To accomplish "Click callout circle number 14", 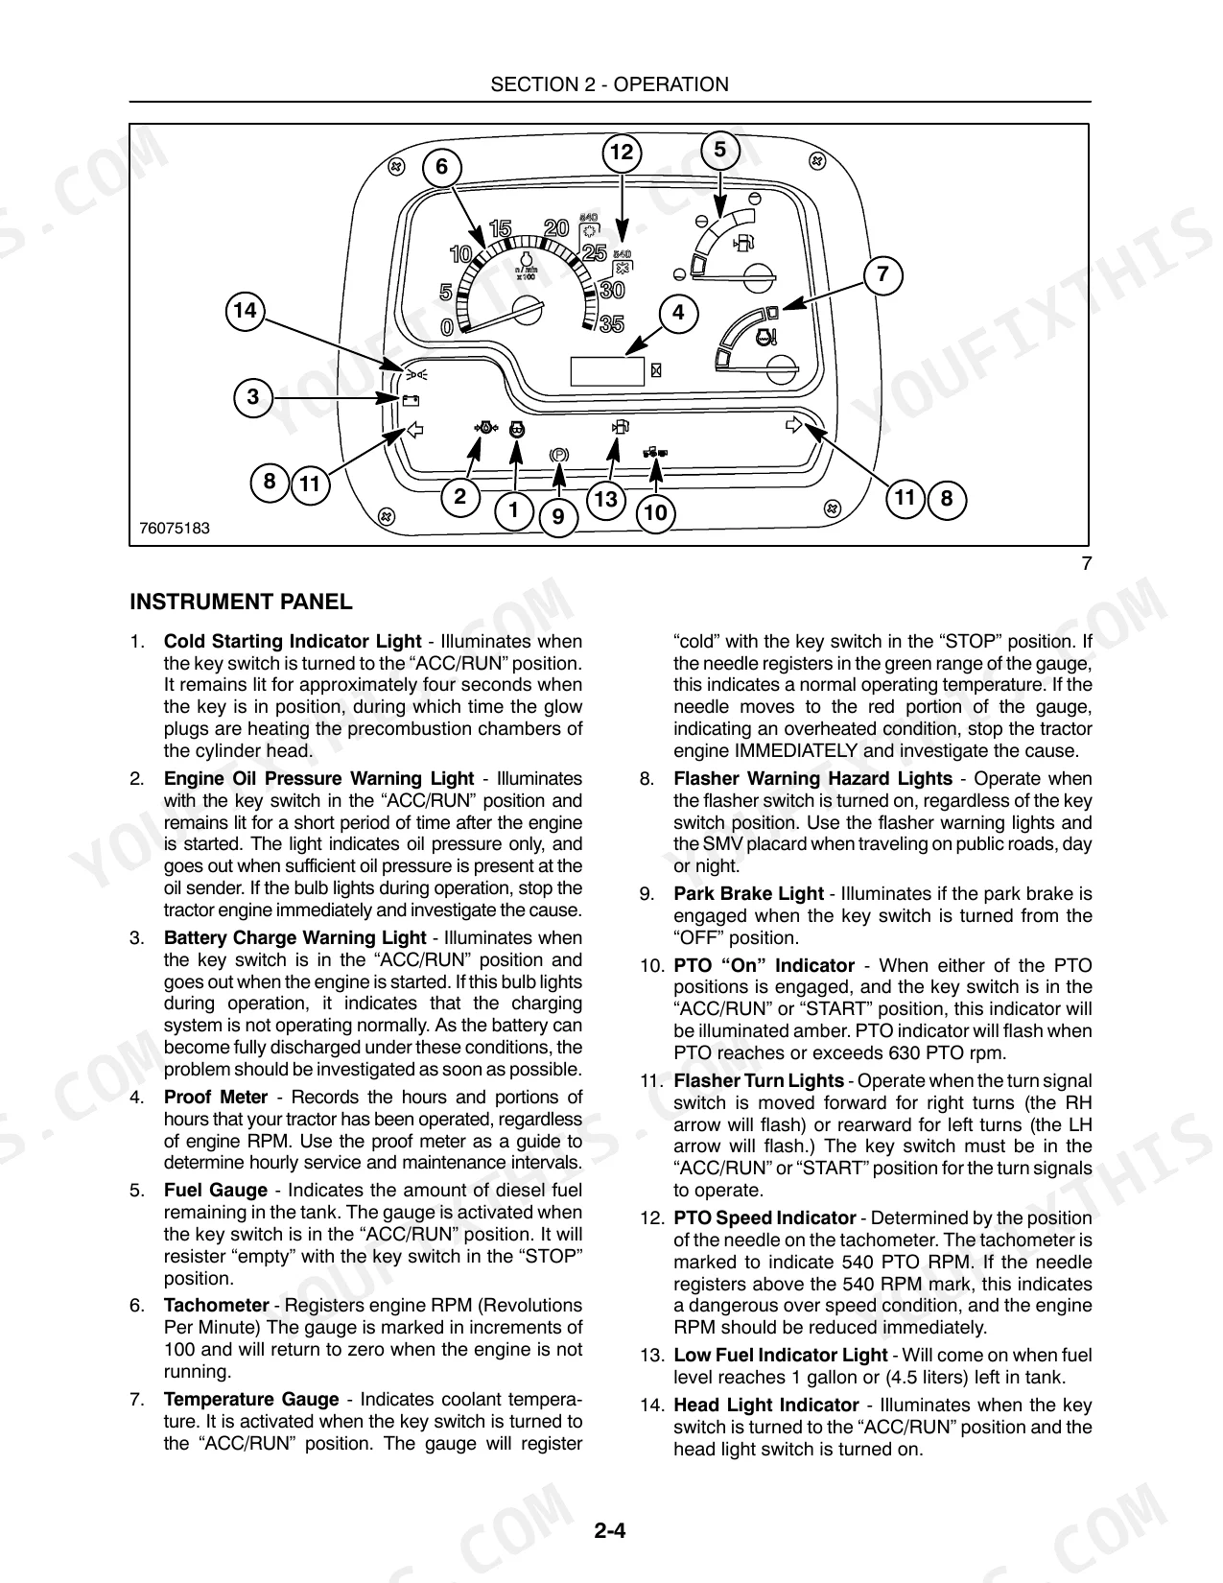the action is point(245,311).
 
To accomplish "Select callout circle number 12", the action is point(622,153).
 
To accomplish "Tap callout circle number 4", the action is point(679,314).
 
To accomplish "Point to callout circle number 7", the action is point(882,274).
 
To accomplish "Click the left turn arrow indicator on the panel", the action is point(414,430).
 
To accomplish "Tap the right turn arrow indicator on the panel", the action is point(793,425).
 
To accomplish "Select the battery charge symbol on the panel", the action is point(411,400).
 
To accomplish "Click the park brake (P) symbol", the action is point(558,456).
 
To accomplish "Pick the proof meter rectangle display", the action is point(607,370).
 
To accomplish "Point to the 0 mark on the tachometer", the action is point(447,328).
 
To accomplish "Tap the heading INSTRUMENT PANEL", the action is point(241,602).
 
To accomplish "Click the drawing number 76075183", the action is point(174,529).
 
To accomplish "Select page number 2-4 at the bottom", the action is point(610,1530).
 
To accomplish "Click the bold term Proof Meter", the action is point(216,1098).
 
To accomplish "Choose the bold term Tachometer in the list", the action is point(217,1306).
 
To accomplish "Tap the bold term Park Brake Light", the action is point(749,894).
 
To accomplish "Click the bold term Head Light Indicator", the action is point(766,1406).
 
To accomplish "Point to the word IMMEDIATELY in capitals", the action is point(796,751).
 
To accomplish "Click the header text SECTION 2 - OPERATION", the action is point(610,84).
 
